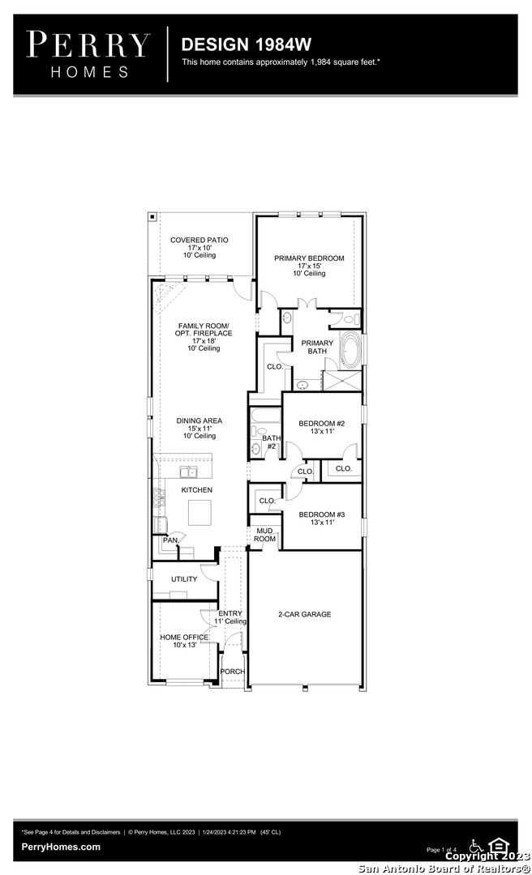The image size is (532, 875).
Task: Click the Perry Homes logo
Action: click(88, 54)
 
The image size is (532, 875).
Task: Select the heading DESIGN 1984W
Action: click(247, 44)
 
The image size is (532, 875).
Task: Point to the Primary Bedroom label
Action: click(309, 258)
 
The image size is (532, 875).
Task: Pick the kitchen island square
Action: click(199, 512)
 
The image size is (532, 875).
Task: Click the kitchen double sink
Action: click(189, 472)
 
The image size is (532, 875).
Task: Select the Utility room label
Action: click(184, 579)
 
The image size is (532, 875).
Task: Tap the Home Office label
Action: click(184, 638)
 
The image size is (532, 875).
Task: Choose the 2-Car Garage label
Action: click(305, 614)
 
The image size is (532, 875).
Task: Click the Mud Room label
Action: click(265, 536)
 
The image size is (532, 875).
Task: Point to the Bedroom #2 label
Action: click(321, 424)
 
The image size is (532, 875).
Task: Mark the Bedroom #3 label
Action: click(321, 514)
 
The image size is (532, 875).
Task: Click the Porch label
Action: click(232, 672)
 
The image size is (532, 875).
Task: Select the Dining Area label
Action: click(199, 420)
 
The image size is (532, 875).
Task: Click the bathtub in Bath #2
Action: click(265, 416)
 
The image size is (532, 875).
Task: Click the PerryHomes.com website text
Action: click(61, 847)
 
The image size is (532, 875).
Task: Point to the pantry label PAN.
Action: click(171, 540)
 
